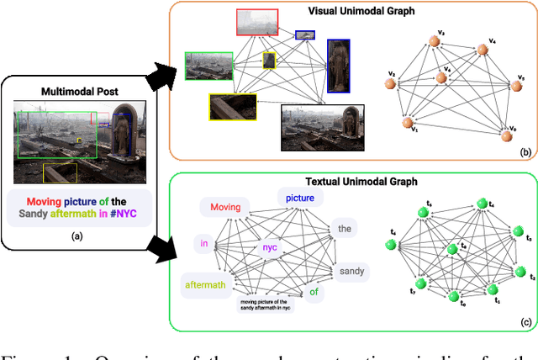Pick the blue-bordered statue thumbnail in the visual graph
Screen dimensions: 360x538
tap(339, 64)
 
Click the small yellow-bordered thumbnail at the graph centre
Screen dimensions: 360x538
tap(269, 60)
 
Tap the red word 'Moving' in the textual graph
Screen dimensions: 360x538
tap(225, 207)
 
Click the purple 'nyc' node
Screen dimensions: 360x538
tap(269, 247)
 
